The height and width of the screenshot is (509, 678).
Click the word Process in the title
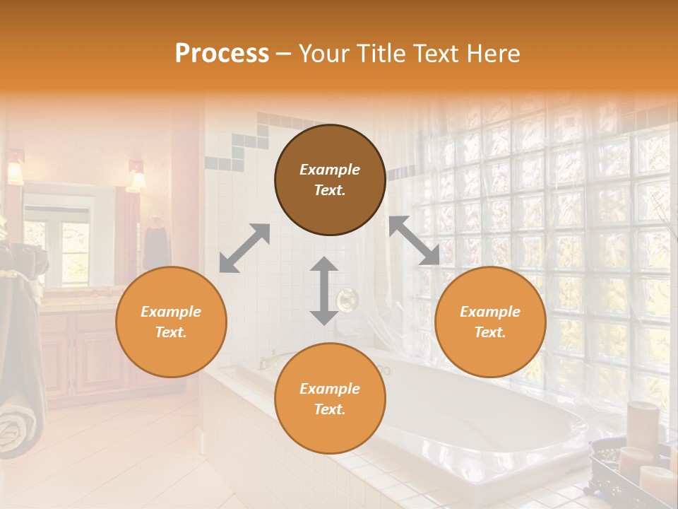click(222, 54)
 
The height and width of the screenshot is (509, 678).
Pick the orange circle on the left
click(171, 322)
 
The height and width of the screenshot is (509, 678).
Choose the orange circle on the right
click(490, 322)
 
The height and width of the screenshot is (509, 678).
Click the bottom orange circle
click(330, 398)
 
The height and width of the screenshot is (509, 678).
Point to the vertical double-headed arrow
click(324, 291)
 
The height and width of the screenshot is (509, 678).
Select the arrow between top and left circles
click(244, 248)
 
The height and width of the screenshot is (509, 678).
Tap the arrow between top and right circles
click(414, 241)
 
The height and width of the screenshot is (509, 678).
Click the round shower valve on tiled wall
click(346, 300)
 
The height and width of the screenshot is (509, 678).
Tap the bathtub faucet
click(268, 361)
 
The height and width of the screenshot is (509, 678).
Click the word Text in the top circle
click(329, 190)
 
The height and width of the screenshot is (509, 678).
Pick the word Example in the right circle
click(489, 312)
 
